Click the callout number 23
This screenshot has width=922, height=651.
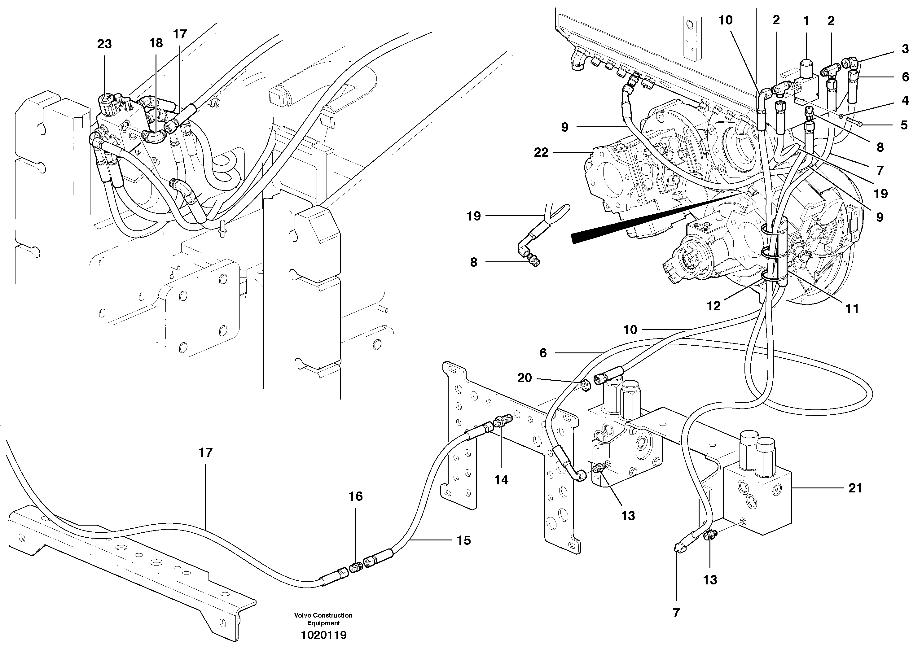[104, 44]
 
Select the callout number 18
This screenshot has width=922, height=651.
[156, 43]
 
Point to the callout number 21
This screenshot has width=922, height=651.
[855, 488]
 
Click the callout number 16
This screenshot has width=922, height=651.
[355, 496]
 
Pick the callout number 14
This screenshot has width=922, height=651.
[501, 480]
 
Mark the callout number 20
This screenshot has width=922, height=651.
[525, 378]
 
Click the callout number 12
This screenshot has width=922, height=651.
[713, 306]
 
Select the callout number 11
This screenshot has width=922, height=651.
[852, 309]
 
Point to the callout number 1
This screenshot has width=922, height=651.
[806, 21]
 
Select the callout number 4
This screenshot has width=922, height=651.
[905, 100]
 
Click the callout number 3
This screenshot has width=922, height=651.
[905, 49]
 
